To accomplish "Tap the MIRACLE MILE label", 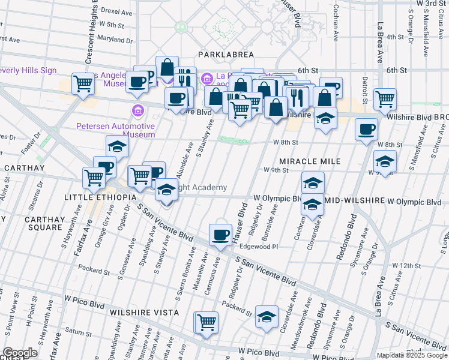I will tap(310, 161).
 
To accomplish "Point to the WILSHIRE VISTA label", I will tap(144, 313).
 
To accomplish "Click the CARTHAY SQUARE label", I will tap(43, 223).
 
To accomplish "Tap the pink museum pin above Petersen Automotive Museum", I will tap(137, 111).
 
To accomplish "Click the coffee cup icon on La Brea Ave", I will tap(366, 129).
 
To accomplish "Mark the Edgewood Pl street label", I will tap(259, 247).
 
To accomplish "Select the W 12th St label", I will tap(407, 265).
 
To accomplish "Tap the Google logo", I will tap(20, 353).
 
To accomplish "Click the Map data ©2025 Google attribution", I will tap(411, 355).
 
